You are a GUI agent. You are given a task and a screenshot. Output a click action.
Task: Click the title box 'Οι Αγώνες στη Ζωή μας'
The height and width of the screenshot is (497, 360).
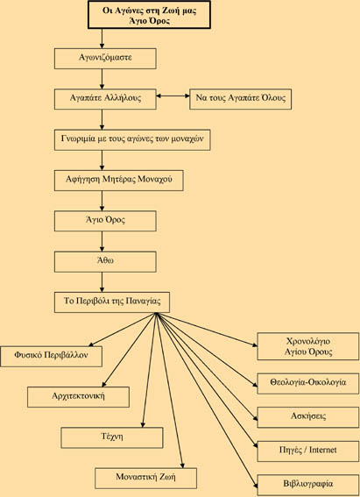point(149,15)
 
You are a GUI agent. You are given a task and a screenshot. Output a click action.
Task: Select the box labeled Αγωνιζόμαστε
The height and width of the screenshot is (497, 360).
point(105,59)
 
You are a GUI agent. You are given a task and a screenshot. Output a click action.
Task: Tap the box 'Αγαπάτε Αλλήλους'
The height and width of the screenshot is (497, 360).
point(105,99)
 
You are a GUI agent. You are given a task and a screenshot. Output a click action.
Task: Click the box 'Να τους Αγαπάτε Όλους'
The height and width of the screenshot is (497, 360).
point(240,99)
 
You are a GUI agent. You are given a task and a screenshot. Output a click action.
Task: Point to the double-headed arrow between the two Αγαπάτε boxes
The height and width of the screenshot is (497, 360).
point(173,96)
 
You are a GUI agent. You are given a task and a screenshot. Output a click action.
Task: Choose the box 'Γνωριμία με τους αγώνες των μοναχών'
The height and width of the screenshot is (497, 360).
point(132,139)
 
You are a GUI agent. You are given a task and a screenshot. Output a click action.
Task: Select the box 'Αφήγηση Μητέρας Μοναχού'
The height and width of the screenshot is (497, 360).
point(119,181)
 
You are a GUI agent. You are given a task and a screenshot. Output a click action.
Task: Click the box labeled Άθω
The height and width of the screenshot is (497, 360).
point(105,262)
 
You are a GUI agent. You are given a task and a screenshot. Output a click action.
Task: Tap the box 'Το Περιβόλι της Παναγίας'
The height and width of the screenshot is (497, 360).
point(112,302)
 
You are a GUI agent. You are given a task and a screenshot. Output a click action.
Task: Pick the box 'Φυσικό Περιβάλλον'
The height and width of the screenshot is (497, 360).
point(51,356)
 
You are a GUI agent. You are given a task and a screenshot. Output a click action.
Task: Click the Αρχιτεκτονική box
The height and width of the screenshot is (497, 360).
point(78,397)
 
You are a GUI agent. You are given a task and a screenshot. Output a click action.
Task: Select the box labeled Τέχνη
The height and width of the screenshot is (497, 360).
point(112,437)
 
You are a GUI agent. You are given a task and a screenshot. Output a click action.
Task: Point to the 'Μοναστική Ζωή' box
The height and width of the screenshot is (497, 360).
point(145,479)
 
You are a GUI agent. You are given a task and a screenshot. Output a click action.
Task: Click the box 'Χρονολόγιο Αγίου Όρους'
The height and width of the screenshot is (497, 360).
point(308,346)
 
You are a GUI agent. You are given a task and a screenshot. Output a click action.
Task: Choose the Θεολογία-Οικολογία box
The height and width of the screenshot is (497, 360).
point(308,384)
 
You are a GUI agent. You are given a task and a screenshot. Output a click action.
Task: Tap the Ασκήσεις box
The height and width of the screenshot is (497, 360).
point(308,417)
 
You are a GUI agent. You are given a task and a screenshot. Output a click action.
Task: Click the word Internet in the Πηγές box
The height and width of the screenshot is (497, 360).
point(322,450)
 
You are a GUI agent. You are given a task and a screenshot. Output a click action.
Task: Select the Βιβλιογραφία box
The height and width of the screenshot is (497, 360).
point(308,485)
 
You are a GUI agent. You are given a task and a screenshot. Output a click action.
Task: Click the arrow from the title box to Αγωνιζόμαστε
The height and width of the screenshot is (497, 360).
point(102,39)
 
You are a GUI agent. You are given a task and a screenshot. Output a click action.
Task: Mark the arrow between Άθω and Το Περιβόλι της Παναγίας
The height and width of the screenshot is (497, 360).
point(102,282)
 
